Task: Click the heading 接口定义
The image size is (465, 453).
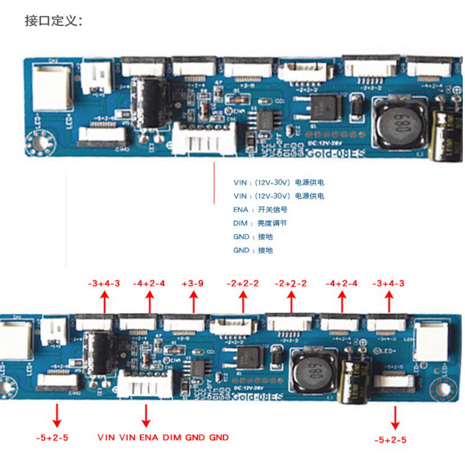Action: [x=53, y=21]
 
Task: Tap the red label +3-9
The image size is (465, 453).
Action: [x=193, y=283]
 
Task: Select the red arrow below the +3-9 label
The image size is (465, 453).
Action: [x=193, y=303]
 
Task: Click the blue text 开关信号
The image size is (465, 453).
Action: [x=273, y=210]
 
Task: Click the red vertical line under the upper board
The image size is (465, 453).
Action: [x=214, y=183]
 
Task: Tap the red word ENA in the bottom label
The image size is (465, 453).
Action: [x=149, y=437]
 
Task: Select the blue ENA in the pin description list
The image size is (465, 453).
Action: [x=240, y=210]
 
